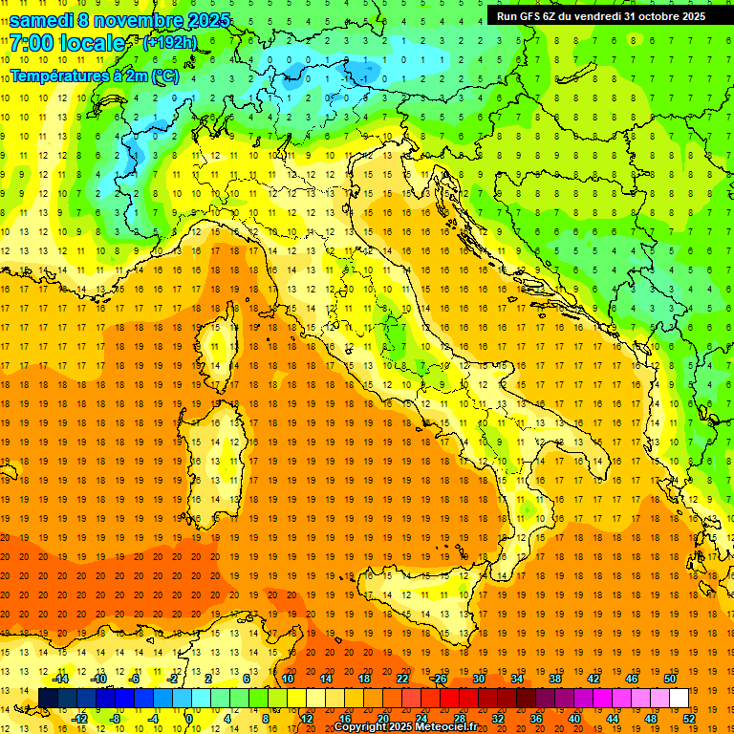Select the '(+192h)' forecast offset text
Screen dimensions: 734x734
coord(170,42)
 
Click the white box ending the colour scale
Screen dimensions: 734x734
coord(679,698)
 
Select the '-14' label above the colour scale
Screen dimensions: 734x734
coord(61,679)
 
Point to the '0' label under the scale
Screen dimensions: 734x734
coord(188,718)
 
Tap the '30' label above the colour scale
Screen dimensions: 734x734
coord(478,679)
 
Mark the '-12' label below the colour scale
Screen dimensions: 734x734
coord(80,718)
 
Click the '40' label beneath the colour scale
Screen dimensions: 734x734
coord(573,718)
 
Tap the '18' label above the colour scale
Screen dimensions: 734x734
coord(364,679)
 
